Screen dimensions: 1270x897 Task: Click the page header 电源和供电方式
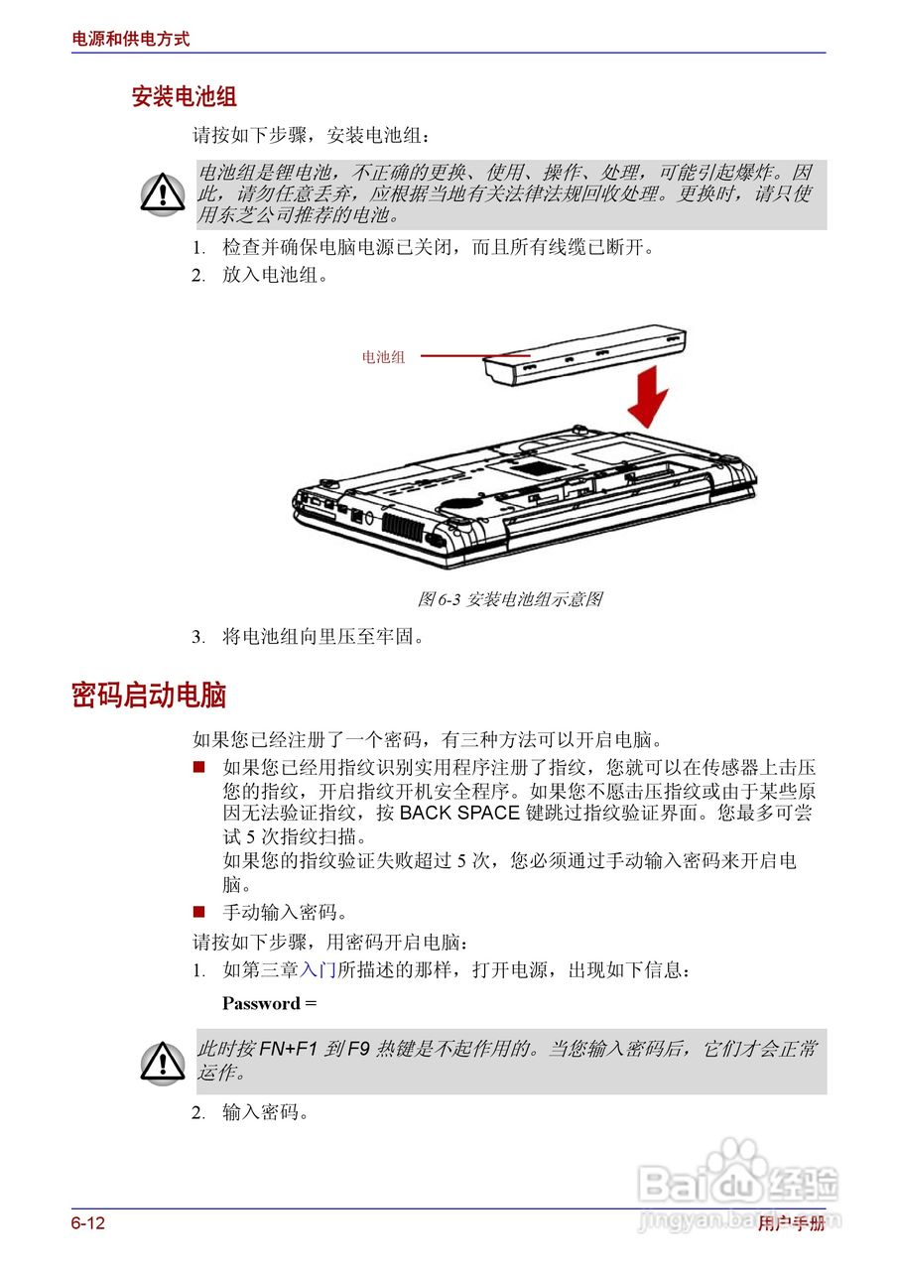click(x=130, y=40)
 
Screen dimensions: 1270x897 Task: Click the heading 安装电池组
click(x=184, y=96)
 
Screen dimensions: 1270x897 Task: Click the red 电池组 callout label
click(x=383, y=357)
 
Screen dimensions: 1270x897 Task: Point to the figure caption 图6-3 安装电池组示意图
click(x=509, y=599)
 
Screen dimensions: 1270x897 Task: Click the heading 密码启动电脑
click(x=149, y=696)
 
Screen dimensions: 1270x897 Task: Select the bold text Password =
click(x=269, y=1003)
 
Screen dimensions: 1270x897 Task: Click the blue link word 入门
click(x=319, y=970)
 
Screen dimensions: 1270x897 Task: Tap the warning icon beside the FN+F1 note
click(x=162, y=1062)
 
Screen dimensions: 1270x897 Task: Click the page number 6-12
click(x=87, y=1223)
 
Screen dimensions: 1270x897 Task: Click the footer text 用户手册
click(x=791, y=1223)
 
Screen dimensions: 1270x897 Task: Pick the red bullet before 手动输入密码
click(x=198, y=911)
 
